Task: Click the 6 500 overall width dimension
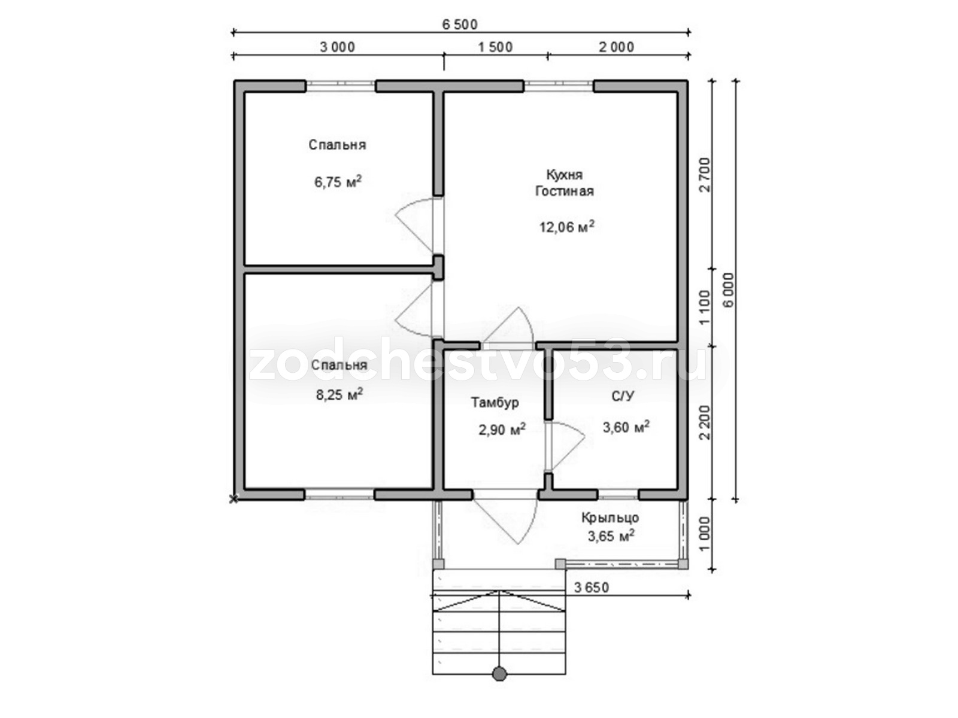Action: tap(460, 25)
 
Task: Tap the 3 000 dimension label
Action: tap(337, 47)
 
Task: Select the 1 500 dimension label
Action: tap(495, 47)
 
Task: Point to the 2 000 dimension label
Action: tap(616, 47)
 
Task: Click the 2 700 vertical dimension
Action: tap(704, 175)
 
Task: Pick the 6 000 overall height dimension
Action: tap(729, 290)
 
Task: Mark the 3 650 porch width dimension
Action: tap(591, 588)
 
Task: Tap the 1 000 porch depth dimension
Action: tap(704, 534)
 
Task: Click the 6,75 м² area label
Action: tap(338, 181)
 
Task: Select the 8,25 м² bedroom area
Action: tap(339, 394)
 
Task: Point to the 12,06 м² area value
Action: tap(566, 226)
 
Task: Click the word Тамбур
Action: tap(495, 402)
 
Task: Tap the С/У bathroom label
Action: tap(623, 396)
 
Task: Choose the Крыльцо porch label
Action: tap(610, 518)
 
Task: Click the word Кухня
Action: tap(565, 175)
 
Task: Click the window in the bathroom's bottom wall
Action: tap(618, 494)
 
